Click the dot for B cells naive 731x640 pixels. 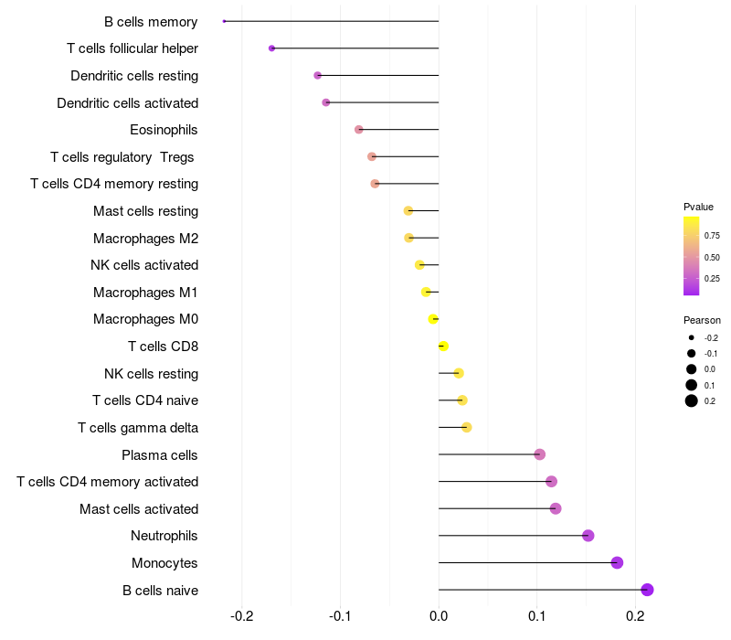tap(647, 590)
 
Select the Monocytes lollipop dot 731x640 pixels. tap(617, 562)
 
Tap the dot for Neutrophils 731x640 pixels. tap(588, 536)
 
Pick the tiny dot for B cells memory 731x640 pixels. tap(224, 21)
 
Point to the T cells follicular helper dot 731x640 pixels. tap(271, 48)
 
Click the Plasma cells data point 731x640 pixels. tap(539, 454)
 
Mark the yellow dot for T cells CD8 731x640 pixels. tap(443, 346)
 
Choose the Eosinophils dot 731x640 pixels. tap(358, 130)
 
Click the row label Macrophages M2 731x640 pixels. tap(145, 239)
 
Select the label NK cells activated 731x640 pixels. tap(144, 265)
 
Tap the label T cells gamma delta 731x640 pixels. tap(138, 427)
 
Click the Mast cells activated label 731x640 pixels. tap(139, 508)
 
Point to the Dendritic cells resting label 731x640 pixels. tap(134, 75)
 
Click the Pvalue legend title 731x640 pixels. tap(698, 207)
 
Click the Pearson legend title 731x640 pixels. tap(702, 321)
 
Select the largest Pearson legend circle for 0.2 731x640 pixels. tap(692, 400)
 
